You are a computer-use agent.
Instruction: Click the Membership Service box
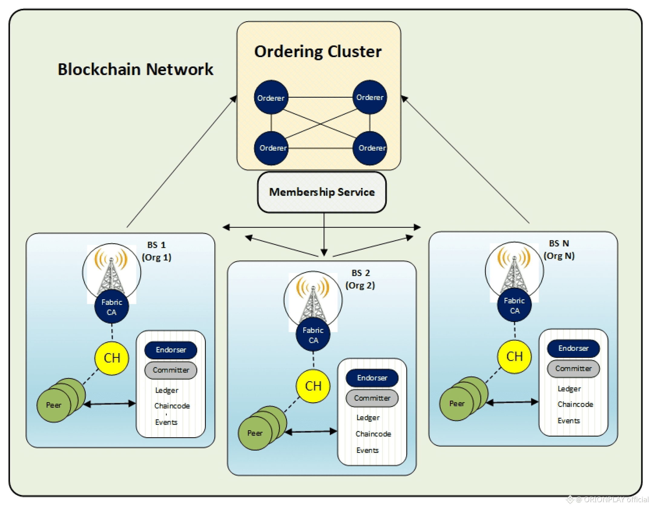point(321,192)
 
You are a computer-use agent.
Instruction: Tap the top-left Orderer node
point(271,97)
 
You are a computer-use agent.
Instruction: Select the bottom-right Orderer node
point(370,148)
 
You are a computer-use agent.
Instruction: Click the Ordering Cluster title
point(318,51)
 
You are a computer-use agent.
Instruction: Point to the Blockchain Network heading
point(135,69)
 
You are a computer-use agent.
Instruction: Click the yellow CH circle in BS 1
point(112,358)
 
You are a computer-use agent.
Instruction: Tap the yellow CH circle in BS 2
point(313,386)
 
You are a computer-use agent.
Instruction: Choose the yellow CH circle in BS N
point(514,357)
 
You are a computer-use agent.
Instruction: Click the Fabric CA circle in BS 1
point(112,307)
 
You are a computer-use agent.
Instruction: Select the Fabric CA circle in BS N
point(514,305)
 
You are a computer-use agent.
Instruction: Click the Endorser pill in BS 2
point(372,378)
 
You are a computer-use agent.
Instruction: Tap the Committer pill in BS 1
point(171,370)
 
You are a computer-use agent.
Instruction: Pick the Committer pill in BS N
point(573,369)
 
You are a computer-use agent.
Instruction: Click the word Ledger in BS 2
point(368,418)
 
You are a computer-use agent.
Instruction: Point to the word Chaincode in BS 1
point(172,406)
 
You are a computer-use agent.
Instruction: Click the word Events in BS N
point(569,421)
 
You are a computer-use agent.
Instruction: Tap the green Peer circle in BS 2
point(255,433)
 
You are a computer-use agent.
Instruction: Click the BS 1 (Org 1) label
point(156,251)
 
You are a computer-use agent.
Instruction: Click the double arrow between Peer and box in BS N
point(513,402)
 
